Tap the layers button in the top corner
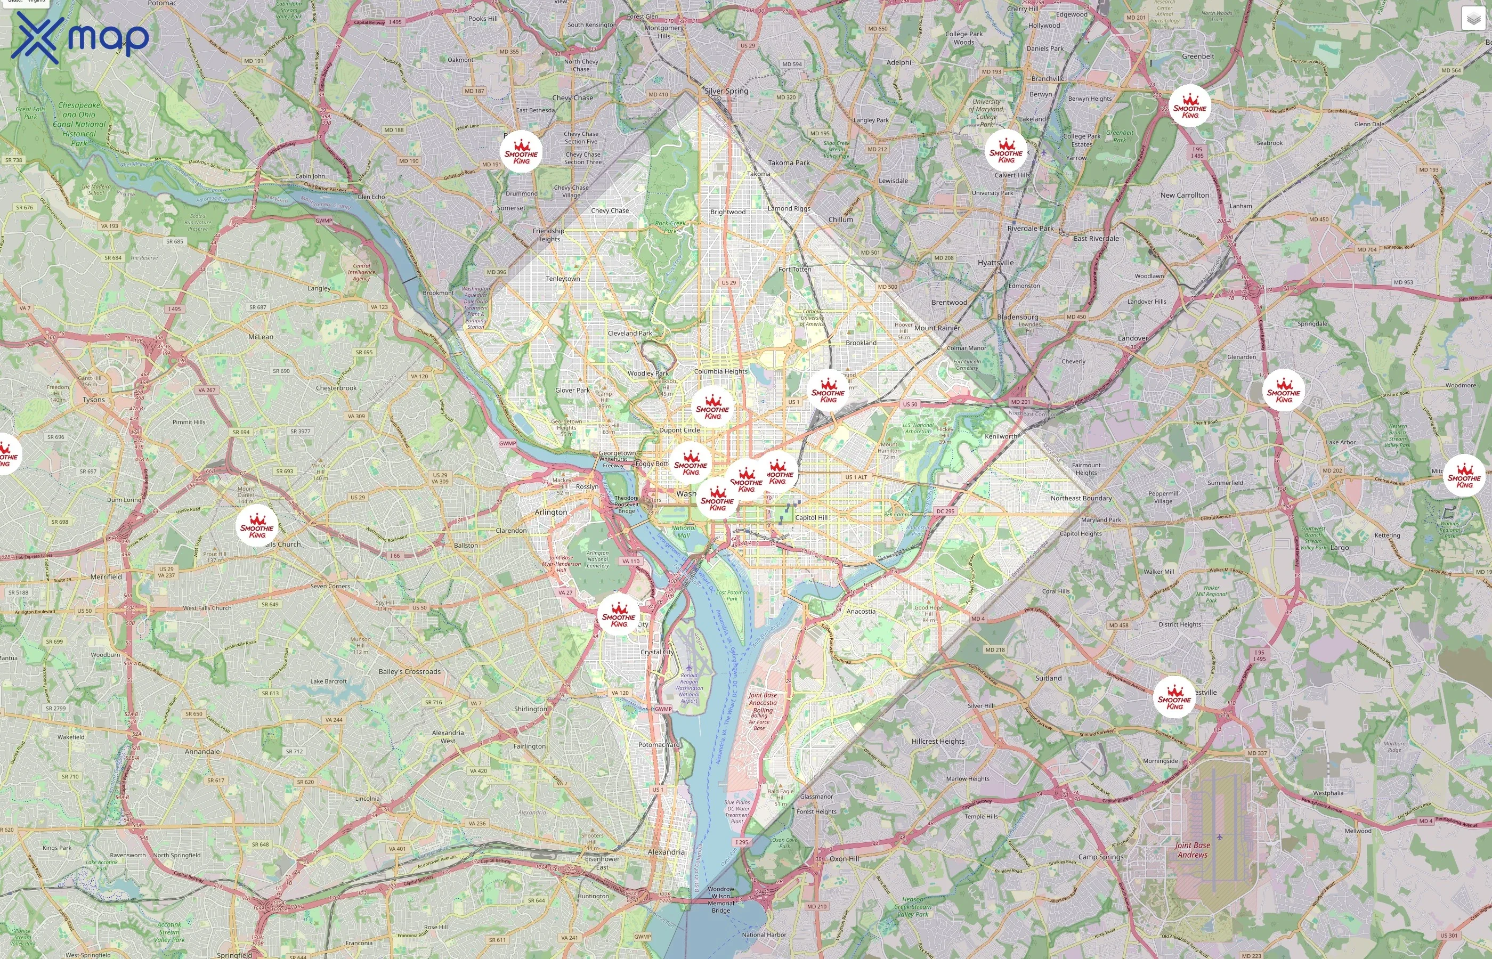pos(1473,19)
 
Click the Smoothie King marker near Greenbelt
pos(1189,106)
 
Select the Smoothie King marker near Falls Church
pos(257,526)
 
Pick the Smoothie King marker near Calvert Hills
pos(1006,151)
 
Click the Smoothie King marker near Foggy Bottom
pos(691,464)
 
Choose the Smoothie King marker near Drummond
pos(521,152)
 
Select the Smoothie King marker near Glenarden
pos(1284,391)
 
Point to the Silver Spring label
pos(726,91)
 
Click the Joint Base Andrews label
pos(1192,850)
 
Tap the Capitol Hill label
pos(812,517)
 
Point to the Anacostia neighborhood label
pos(861,612)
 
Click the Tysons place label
pos(94,400)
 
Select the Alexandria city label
pos(666,852)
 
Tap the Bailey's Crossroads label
pos(409,672)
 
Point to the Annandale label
pos(202,752)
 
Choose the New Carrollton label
pos(1185,195)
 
